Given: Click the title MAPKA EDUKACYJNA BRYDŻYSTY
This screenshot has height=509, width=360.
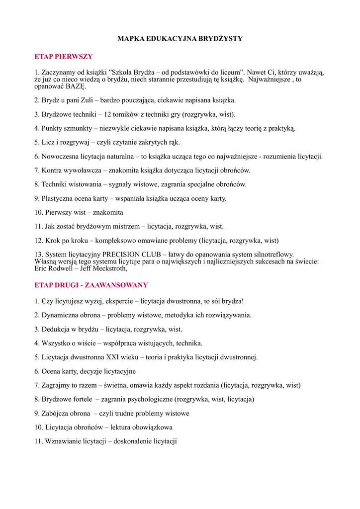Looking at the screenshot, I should [x=180, y=39].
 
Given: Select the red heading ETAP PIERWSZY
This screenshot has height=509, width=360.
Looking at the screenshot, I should [x=64, y=57].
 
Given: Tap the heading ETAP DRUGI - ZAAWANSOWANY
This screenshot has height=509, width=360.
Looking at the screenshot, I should [x=91, y=285].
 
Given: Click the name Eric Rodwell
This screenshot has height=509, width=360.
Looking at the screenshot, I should [x=54, y=268].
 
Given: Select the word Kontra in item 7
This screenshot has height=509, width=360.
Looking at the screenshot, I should [x=52, y=170].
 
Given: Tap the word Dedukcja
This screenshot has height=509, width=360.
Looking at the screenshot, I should [x=58, y=329].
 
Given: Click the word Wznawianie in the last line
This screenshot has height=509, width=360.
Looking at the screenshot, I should [x=62, y=441].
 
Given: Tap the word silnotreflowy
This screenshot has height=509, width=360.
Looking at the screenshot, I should [x=270, y=254].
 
